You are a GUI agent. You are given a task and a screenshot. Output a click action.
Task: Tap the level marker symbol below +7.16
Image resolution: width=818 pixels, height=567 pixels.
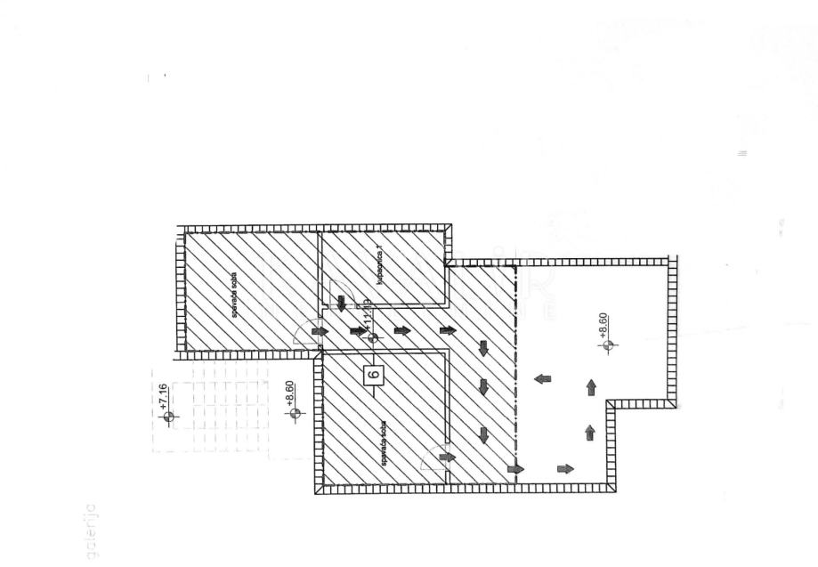tap(170, 416)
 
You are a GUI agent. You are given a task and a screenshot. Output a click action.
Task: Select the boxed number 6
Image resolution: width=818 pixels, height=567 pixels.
tap(374, 375)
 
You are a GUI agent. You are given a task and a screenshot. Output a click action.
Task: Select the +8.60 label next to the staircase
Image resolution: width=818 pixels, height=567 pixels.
tap(290, 393)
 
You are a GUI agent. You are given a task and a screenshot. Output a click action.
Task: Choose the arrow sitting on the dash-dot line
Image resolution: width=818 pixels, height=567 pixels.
tap(514, 469)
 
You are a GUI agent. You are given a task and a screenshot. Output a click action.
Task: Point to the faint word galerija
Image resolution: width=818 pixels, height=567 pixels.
tap(93, 531)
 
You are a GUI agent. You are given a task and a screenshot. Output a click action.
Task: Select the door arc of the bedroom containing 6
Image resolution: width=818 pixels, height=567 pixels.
tap(431, 459)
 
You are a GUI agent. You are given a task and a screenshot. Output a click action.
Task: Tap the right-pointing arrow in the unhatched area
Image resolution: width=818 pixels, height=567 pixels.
tap(564, 468)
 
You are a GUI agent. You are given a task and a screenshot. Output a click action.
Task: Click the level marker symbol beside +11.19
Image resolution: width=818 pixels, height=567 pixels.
tap(373, 337)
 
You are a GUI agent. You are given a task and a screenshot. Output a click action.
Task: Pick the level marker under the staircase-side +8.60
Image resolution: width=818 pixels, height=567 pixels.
tap(296, 412)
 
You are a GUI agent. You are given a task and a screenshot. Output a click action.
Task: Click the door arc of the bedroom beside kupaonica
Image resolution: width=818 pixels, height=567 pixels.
tap(303, 332)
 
